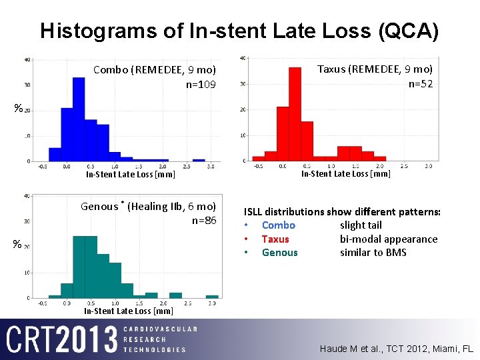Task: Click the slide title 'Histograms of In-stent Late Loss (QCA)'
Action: tap(239, 31)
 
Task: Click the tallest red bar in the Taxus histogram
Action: tap(295, 115)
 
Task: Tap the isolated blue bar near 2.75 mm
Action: tap(199, 160)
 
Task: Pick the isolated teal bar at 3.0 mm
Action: tap(212, 296)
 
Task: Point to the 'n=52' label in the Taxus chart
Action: tap(420, 83)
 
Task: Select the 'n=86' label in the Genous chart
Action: tap(204, 220)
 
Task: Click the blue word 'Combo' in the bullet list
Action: tap(278, 225)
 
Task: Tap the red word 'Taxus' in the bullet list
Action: tap(275, 239)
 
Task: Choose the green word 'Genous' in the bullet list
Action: tap(279, 252)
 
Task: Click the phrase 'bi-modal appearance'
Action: tap(389, 239)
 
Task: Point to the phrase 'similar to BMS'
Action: tap(373, 252)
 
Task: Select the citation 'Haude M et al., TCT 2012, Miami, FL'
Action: tap(396, 349)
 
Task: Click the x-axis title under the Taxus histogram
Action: tap(345, 174)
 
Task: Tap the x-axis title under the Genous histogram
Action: tap(129, 311)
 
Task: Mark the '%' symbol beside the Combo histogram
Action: tap(19, 108)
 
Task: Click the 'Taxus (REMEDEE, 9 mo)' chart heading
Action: tap(375, 69)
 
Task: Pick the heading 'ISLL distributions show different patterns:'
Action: tap(342, 212)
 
